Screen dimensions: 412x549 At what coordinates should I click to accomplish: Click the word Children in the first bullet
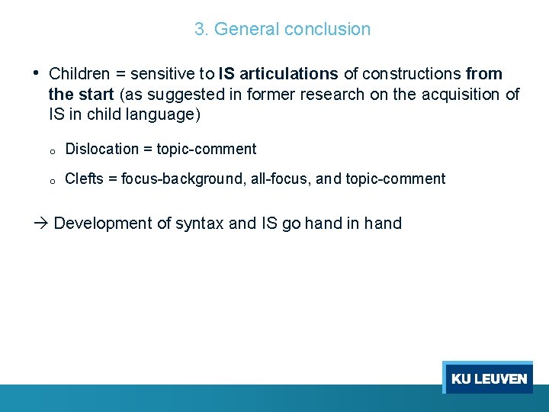click(x=79, y=74)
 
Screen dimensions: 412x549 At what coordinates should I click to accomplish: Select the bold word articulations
click(x=288, y=74)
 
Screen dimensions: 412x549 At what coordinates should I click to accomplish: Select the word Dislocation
click(x=102, y=150)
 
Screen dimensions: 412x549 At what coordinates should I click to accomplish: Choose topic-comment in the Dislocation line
click(x=207, y=150)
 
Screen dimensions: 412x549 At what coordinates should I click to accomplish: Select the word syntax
click(x=200, y=224)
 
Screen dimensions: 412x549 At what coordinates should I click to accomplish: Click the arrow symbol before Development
click(x=42, y=224)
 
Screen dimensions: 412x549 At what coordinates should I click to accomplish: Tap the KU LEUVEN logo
click(x=488, y=378)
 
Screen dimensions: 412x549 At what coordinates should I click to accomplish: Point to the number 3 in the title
click(x=200, y=30)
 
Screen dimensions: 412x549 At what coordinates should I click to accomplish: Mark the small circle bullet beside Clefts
click(x=50, y=182)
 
